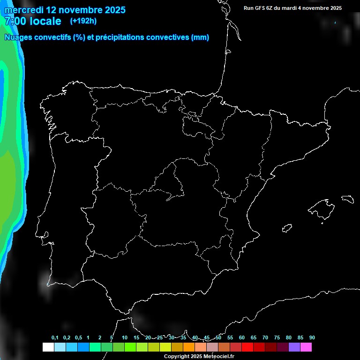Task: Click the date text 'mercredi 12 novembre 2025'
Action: (65, 10)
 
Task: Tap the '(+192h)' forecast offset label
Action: (83, 21)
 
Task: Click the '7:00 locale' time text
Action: (33, 21)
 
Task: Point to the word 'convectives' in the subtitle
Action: (165, 37)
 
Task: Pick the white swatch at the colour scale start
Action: (48, 347)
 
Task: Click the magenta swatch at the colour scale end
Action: (306, 347)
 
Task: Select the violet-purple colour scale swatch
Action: (294, 347)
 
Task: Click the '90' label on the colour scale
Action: (312, 338)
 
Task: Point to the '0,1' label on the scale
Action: (55, 338)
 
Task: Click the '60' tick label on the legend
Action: (242, 338)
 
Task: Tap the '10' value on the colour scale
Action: (125, 338)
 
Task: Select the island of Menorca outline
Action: (347, 199)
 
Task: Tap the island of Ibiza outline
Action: (287, 228)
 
